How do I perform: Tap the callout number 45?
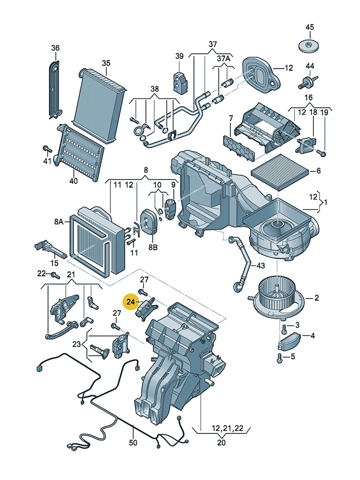click(x=310, y=27)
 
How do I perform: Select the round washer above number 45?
click(x=309, y=47)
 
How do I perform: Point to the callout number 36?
click(x=55, y=48)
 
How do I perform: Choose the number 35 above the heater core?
click(x=106, y=63)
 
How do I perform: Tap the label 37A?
click(x=223, y=58)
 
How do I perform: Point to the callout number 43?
click(x=260, y=266)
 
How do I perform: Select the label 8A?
click(x=59, y=221)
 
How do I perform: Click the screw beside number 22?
click(x=54, y=275)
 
